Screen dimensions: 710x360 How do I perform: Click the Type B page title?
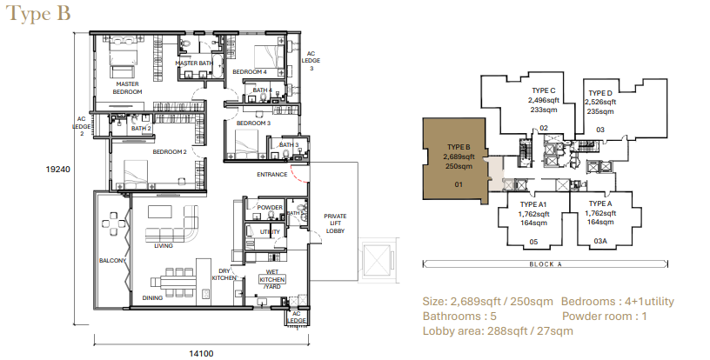(38, 14)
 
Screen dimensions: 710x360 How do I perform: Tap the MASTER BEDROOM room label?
(127, 88)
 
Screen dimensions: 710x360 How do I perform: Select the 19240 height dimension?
(58, 170)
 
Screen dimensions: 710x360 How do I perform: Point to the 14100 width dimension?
(201, 354)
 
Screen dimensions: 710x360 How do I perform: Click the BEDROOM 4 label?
(250, 72)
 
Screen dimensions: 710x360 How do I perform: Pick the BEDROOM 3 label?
(253, 123)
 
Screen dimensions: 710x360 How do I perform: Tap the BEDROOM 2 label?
(170, 152)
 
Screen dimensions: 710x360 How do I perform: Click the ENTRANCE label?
(272, 175)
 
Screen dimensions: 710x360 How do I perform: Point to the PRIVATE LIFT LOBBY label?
(335, 223)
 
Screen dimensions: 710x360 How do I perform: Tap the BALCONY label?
(113, 261)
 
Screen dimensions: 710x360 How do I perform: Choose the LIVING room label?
(164, 246)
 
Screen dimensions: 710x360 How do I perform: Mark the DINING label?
(152, 298)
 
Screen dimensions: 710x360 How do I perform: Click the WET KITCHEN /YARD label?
(272, 279)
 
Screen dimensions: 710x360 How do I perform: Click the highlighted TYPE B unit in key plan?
(456, 159)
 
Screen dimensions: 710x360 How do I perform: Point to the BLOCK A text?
(546, 264)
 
